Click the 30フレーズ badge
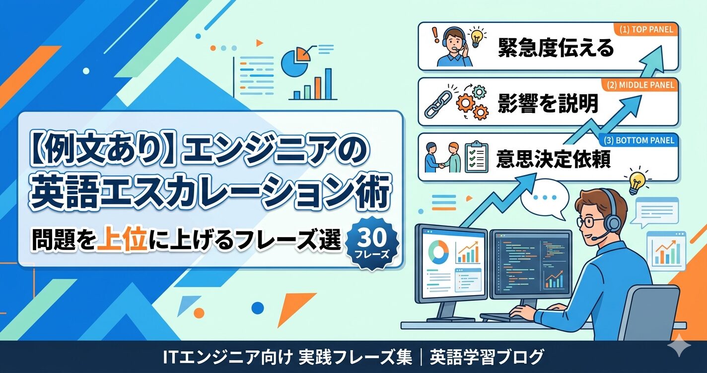click(372, 244)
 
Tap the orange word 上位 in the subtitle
click(123, 241)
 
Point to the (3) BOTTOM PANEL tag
click(639, 141)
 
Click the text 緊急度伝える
click(556, 48)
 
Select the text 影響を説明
click(548, 104)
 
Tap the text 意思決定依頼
click(553, 159)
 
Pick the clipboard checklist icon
click(477, 157)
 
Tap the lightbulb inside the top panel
click(476, 38)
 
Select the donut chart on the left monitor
click(438, 253)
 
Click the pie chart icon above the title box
click(295, 62)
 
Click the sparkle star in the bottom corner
click(679, 346)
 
